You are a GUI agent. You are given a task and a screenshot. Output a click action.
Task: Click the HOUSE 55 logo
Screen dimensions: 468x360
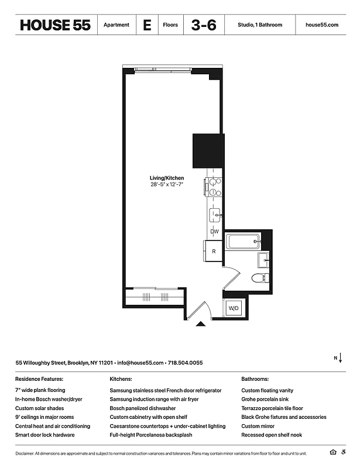(x=55, y=25)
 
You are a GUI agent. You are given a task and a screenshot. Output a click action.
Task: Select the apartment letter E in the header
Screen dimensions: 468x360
(x=147, y=25)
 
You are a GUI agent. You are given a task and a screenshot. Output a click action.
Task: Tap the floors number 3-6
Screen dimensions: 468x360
(x=204, y=25)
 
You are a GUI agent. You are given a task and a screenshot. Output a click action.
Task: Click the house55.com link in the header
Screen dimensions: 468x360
(x=322, y=25)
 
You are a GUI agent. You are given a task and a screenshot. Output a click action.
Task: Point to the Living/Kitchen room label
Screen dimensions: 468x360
(x=167, y=178)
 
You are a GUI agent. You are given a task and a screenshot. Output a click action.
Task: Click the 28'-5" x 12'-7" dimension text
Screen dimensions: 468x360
(x=167, y=185)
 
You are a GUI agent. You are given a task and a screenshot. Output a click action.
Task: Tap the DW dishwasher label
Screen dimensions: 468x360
(x=214, y=232)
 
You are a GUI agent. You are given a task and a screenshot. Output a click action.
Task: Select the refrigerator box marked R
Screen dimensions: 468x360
(x=214, y=251)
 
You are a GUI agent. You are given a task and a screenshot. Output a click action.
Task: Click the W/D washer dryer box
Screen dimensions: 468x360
(x=234, y=308)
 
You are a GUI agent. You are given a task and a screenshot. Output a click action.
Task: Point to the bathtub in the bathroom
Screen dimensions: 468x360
(x=242, y=241)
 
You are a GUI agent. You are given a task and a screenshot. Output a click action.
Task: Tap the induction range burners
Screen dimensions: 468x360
(x=214, y=187)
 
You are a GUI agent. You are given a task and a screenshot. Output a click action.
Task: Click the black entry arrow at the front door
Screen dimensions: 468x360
(x=201, y=323)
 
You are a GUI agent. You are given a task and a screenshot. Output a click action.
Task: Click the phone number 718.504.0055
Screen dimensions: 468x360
(x=186, y=363)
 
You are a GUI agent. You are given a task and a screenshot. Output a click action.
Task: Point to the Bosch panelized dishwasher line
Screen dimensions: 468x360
(x=142, y=408)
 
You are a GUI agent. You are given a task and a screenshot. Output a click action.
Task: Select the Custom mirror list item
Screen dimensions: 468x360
(x=258, y=426)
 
